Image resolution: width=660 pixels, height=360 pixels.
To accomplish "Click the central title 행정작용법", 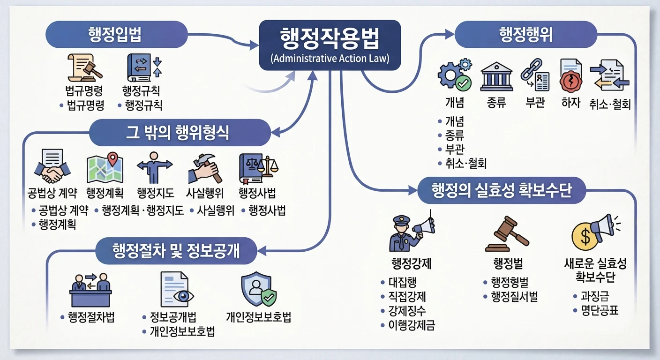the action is click(x=330, y=38).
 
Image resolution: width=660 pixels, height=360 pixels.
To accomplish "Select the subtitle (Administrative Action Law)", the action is click(x=330, y=58).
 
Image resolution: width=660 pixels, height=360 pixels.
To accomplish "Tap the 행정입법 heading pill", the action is click(x=116, y=35).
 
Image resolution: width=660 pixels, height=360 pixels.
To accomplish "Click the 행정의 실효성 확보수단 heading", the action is click(x=502, y=190).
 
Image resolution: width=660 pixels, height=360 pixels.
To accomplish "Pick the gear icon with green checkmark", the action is click(x=455, y=75).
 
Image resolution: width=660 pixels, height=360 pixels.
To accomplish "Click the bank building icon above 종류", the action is click(x=496, y=76).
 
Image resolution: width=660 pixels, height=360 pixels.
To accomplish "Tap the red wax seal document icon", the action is click(x=571, y=76).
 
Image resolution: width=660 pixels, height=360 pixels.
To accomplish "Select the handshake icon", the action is click(x=52, y=166).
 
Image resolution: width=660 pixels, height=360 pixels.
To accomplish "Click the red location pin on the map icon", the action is click(x=112, y=159).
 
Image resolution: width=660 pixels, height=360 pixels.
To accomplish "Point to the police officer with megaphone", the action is click(x=412, y=233).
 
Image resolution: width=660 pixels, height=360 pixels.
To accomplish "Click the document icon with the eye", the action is click(x=177, y=290).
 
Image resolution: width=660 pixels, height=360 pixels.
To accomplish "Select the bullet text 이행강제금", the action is click(x=412, y=325).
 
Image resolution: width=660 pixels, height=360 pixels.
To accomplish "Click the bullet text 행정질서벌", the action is click(x=514, y=297).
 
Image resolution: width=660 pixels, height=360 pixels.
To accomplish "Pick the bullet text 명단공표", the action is click(x=600, y=310).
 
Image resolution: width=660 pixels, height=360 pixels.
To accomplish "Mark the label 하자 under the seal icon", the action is click(x=571, y=103).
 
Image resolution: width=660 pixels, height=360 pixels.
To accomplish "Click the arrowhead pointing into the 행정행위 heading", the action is click(x=450, y=35).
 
